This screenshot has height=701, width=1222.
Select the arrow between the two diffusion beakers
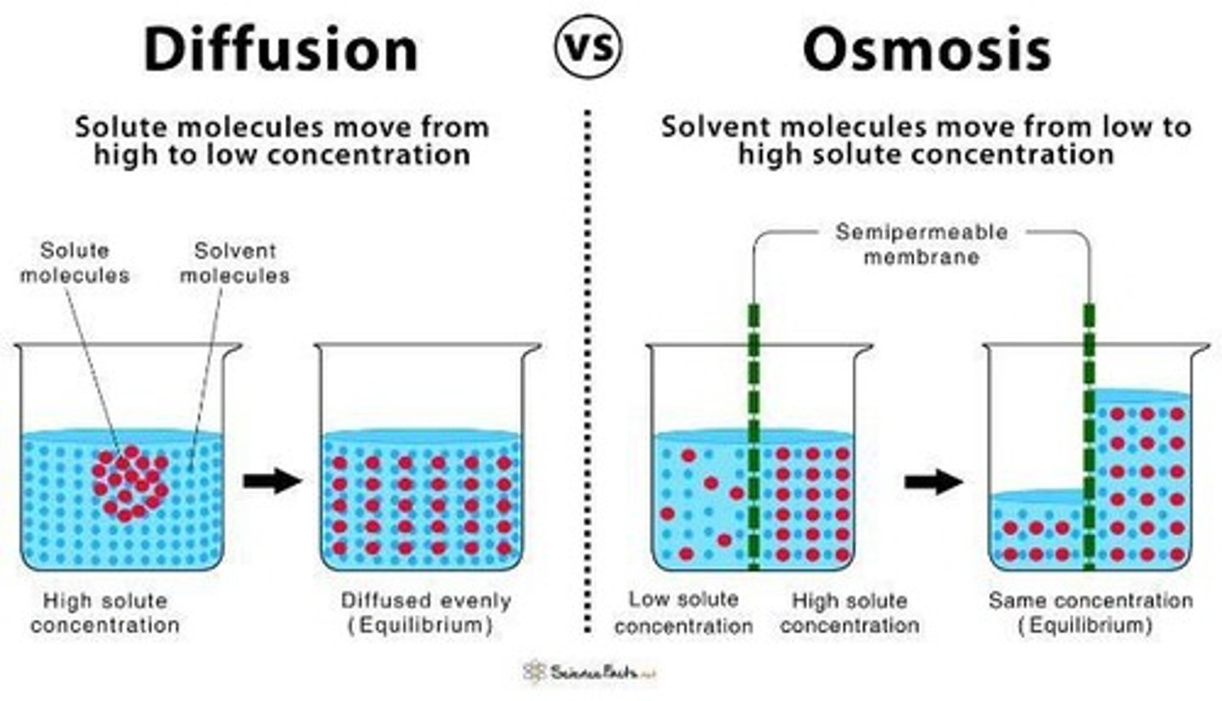272,481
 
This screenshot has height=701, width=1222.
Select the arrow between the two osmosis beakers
933,482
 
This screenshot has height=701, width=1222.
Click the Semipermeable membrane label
921,244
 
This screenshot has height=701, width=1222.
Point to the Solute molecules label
75,263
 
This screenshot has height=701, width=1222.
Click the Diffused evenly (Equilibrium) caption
426,613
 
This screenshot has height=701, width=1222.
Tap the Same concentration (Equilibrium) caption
1090,613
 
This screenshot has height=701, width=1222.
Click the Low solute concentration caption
683,613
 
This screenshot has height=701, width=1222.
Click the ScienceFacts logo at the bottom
591,671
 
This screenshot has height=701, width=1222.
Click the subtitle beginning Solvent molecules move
926,140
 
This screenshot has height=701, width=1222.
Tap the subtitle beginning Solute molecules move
282,140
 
